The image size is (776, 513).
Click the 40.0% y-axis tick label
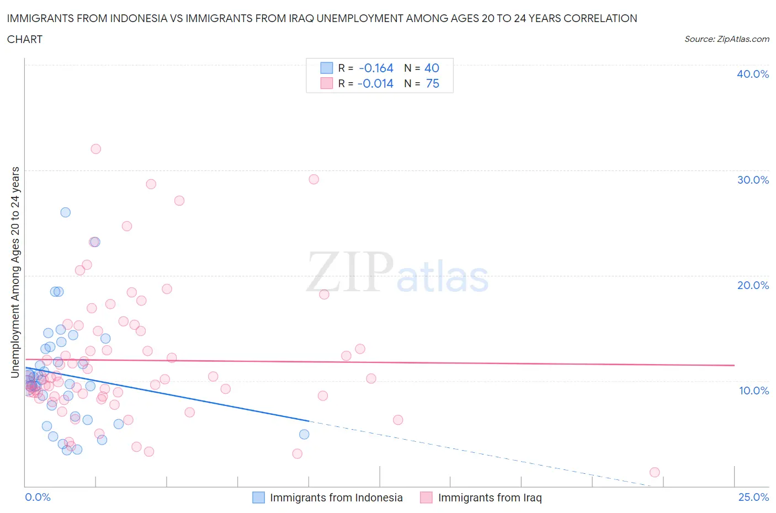tap(752, 74)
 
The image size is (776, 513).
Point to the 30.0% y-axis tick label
tap(752, 180)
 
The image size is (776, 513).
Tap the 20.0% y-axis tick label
tap(752, 285)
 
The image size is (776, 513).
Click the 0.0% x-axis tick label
tap(38, 497)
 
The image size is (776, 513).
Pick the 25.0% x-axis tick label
tap(753, 497)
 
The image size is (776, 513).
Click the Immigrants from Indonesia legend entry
tap(328, 498)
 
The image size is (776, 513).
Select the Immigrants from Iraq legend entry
tap(481, 498)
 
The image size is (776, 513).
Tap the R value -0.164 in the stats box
tap(376, 68)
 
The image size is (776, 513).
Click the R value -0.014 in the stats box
tap(375, 83)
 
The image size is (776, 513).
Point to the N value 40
tap(432, 68)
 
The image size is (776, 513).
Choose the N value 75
tap(433, 83)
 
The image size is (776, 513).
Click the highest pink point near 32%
tap(95, 149)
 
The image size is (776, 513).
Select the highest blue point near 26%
tap(65, 212)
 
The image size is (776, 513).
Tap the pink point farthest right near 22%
tap(655, 472)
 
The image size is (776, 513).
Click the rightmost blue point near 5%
tap(304, 434)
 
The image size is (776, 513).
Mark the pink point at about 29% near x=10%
tap(313, 179)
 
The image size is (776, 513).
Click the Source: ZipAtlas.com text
tap(726, 39)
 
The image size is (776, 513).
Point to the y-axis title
tap(15, 272)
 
